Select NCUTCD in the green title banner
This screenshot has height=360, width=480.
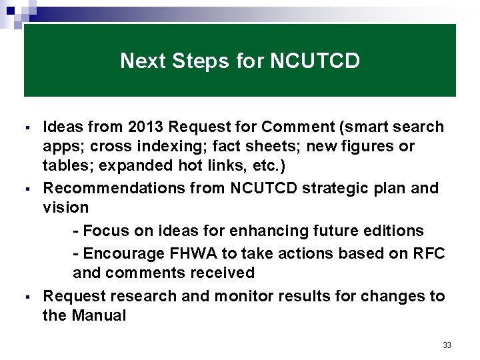click(315, 61)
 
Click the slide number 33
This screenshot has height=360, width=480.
click(447, 345)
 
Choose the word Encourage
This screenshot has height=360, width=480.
click(118, 253)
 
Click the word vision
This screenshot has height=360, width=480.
click(65, 207)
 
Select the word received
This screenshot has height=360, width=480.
click(224, 273)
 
